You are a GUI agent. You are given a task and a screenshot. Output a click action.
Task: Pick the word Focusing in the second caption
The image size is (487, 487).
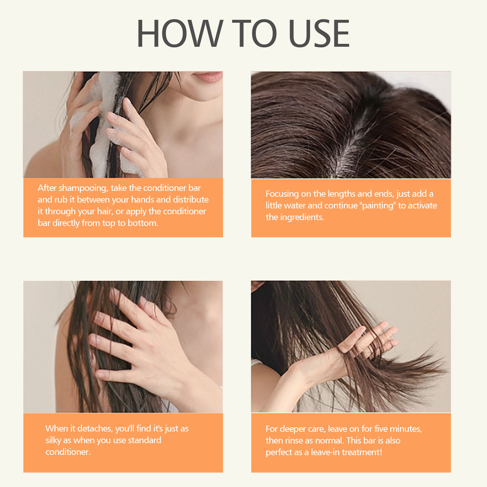[x=282, y=194]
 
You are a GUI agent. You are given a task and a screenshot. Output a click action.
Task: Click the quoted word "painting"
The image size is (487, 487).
[x=378, y=206]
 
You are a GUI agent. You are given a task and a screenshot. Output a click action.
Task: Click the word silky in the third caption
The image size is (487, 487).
[x=53, y=441]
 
